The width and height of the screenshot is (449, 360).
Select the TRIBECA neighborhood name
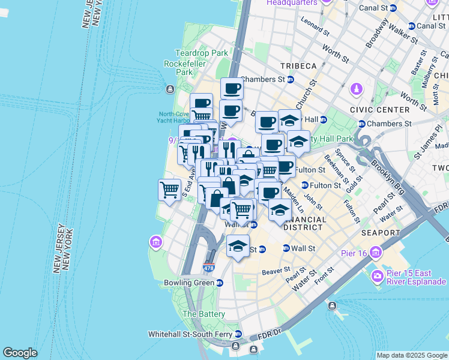[297, 65]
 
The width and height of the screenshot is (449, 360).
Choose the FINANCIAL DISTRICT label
[305, 223]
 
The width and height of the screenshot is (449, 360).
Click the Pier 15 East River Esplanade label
[414, 277]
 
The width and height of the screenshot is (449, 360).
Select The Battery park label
[203, 314]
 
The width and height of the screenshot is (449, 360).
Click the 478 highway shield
[208, 268]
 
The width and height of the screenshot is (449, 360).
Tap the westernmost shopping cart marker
[170, 190]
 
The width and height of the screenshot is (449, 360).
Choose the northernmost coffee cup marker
[232, 89]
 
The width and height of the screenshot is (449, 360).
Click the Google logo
[20, 353]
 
